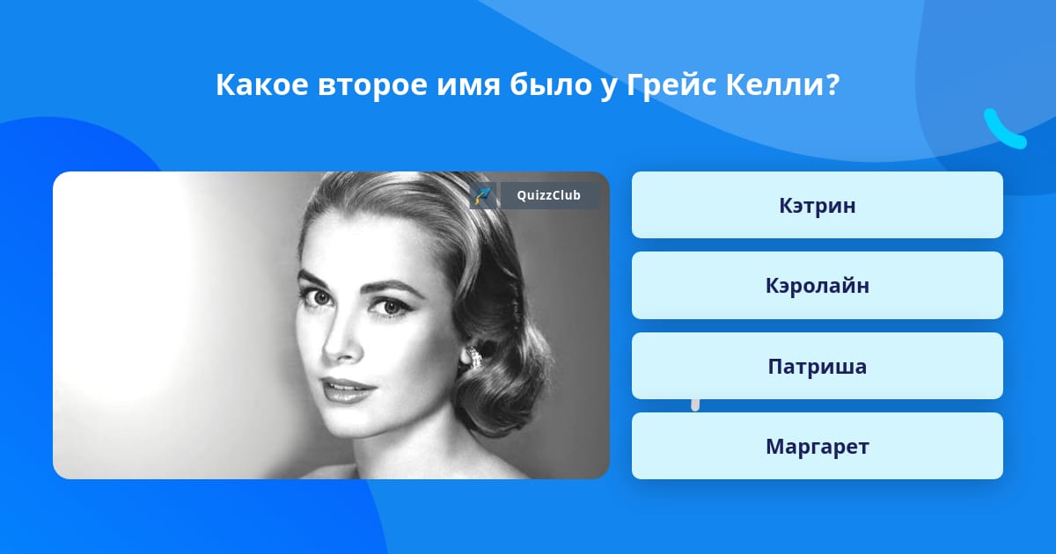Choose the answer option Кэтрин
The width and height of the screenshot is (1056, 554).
tap(817, 205)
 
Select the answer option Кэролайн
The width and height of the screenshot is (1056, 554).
tap(817, 286)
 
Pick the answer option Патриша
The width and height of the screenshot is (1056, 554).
tap(817, 366)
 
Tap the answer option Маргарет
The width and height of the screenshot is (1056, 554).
tap(817, 446)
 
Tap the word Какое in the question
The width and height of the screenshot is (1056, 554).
tap(262, 85)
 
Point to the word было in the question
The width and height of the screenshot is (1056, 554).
tap(551, 84)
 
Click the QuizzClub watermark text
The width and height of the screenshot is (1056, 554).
tap(549, 195)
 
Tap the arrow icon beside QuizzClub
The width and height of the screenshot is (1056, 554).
tap(483, 195)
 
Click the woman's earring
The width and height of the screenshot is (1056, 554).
tap(473, 356)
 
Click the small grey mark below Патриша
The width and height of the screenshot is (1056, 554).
tap(695, 405)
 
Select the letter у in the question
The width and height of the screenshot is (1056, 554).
tap(609, 89)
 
